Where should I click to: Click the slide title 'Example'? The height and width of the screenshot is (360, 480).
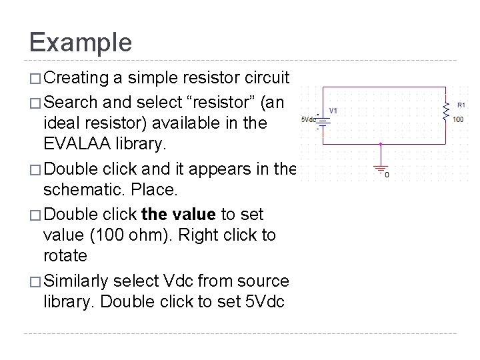pos(81,42)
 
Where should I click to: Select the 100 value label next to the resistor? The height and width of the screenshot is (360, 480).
pos(459,119)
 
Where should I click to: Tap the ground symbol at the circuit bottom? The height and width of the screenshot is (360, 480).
pos(381,168)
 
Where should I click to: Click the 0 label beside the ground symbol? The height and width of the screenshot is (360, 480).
pos(387,175)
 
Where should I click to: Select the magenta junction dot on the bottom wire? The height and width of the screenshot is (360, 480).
pos(381,143)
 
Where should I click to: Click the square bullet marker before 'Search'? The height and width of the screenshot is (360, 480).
pos(35,101)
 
